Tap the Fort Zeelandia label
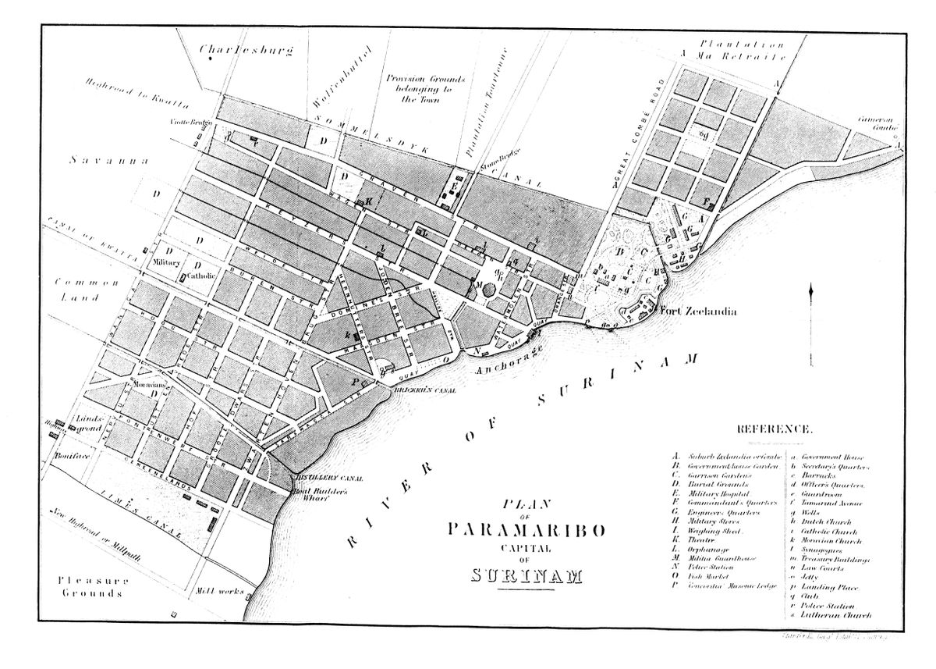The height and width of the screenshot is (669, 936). (699, 311)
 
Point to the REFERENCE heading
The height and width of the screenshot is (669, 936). (774, 429)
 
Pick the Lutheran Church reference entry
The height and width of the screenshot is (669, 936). (836, 616)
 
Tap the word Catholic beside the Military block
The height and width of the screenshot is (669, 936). (200, 275)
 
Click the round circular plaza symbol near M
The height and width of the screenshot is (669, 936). (489, 289)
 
